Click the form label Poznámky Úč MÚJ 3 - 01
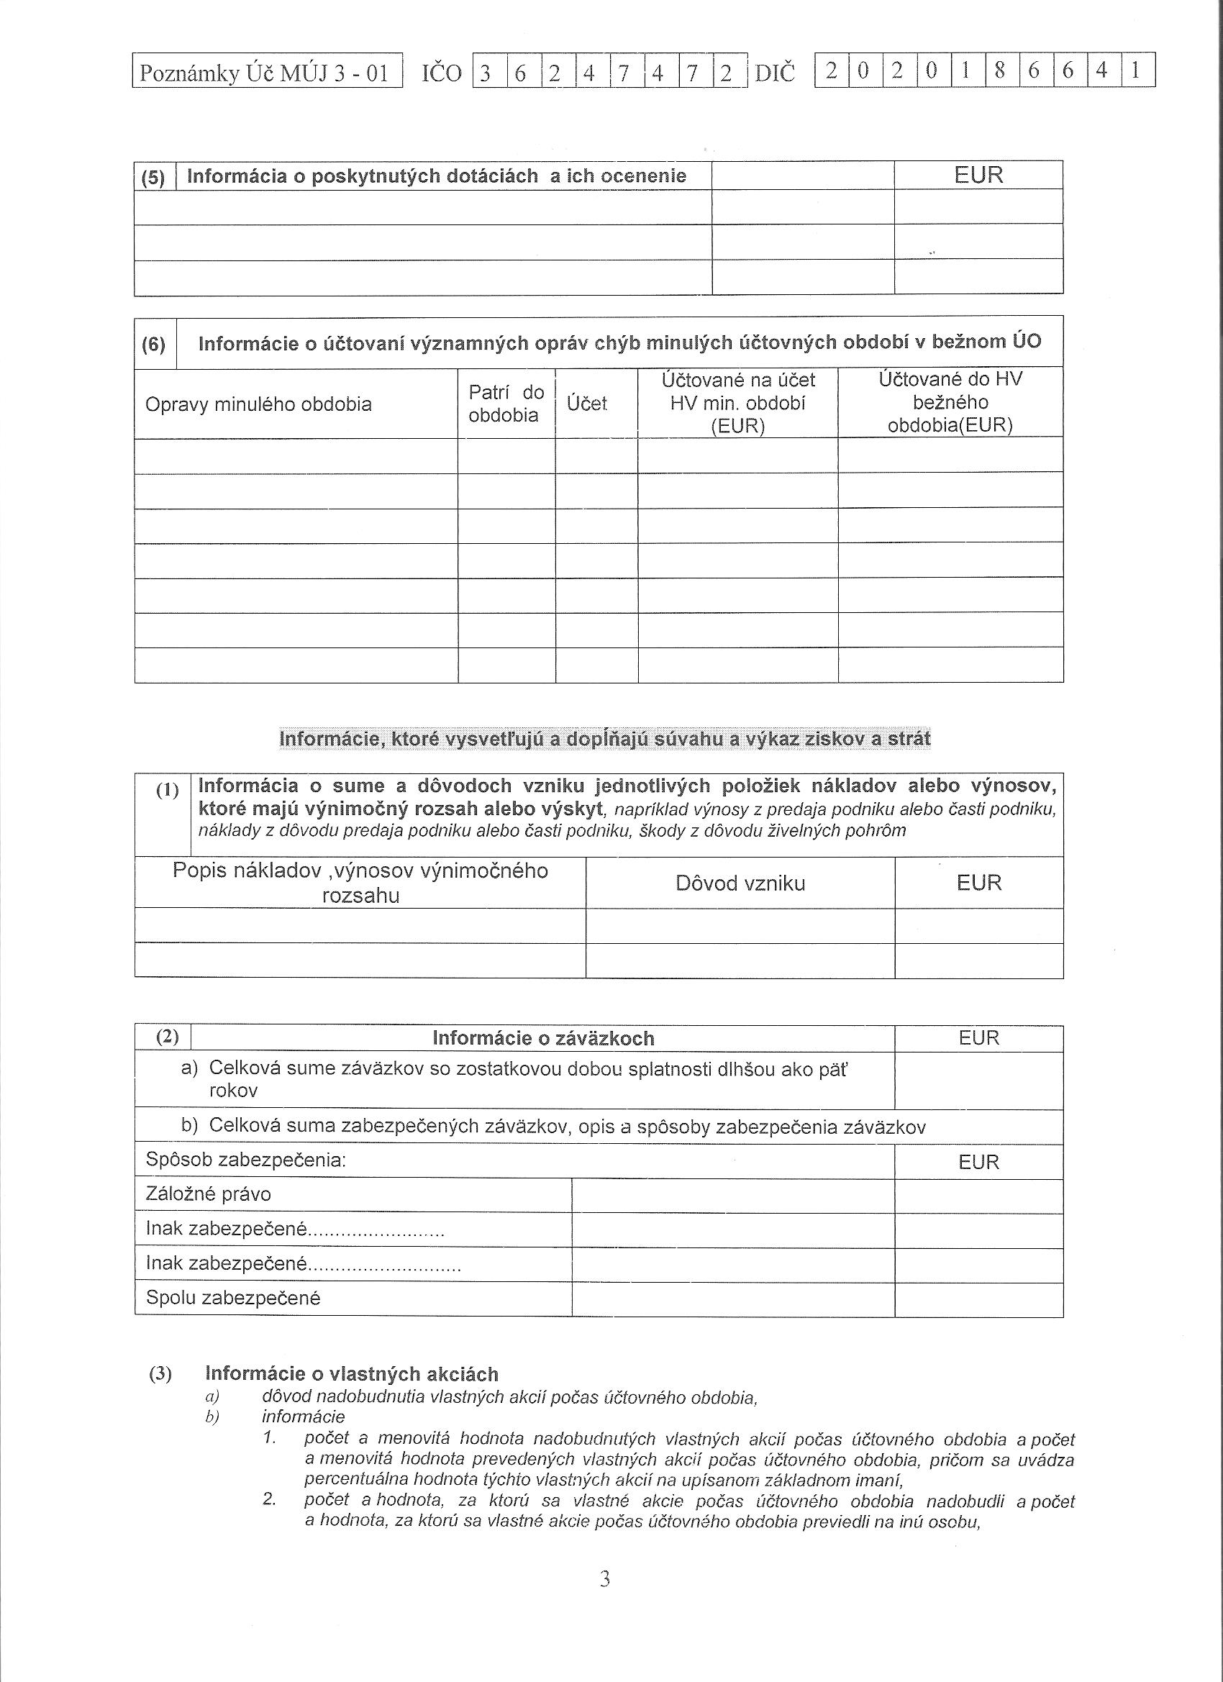pyautogui.click(x=265, y=73)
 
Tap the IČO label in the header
pyautogui.click(x=441, y=73)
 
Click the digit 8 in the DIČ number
pyautogui.click(x=1001, y=71)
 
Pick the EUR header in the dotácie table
pyautogui.click(x=978, y=175)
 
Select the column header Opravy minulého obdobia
pyautogui.click(x=258, y=404)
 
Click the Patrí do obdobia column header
pyautogui.click(x=506, y=404)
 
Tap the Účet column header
pyautogui.click(x=586, y=404)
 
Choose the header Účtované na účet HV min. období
pyautogui.click(x=737, y=403)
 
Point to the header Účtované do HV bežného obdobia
pyautogui.click(x=950, y=402)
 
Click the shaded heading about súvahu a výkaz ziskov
pyautogui.click(x=604, y=739)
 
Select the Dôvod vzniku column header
pyautogui.click(x=740, y=883)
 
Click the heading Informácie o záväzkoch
pyautogui.click(x=543, y=1038)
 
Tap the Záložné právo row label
pyautogui.click(x=209, y=1194)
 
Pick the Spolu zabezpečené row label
pyautogui.click(x=233, y=1298)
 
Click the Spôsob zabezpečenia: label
pyautogui.click(x=246, y=1160)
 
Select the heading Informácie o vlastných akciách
pyautogui.click(x=352, y=1374)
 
